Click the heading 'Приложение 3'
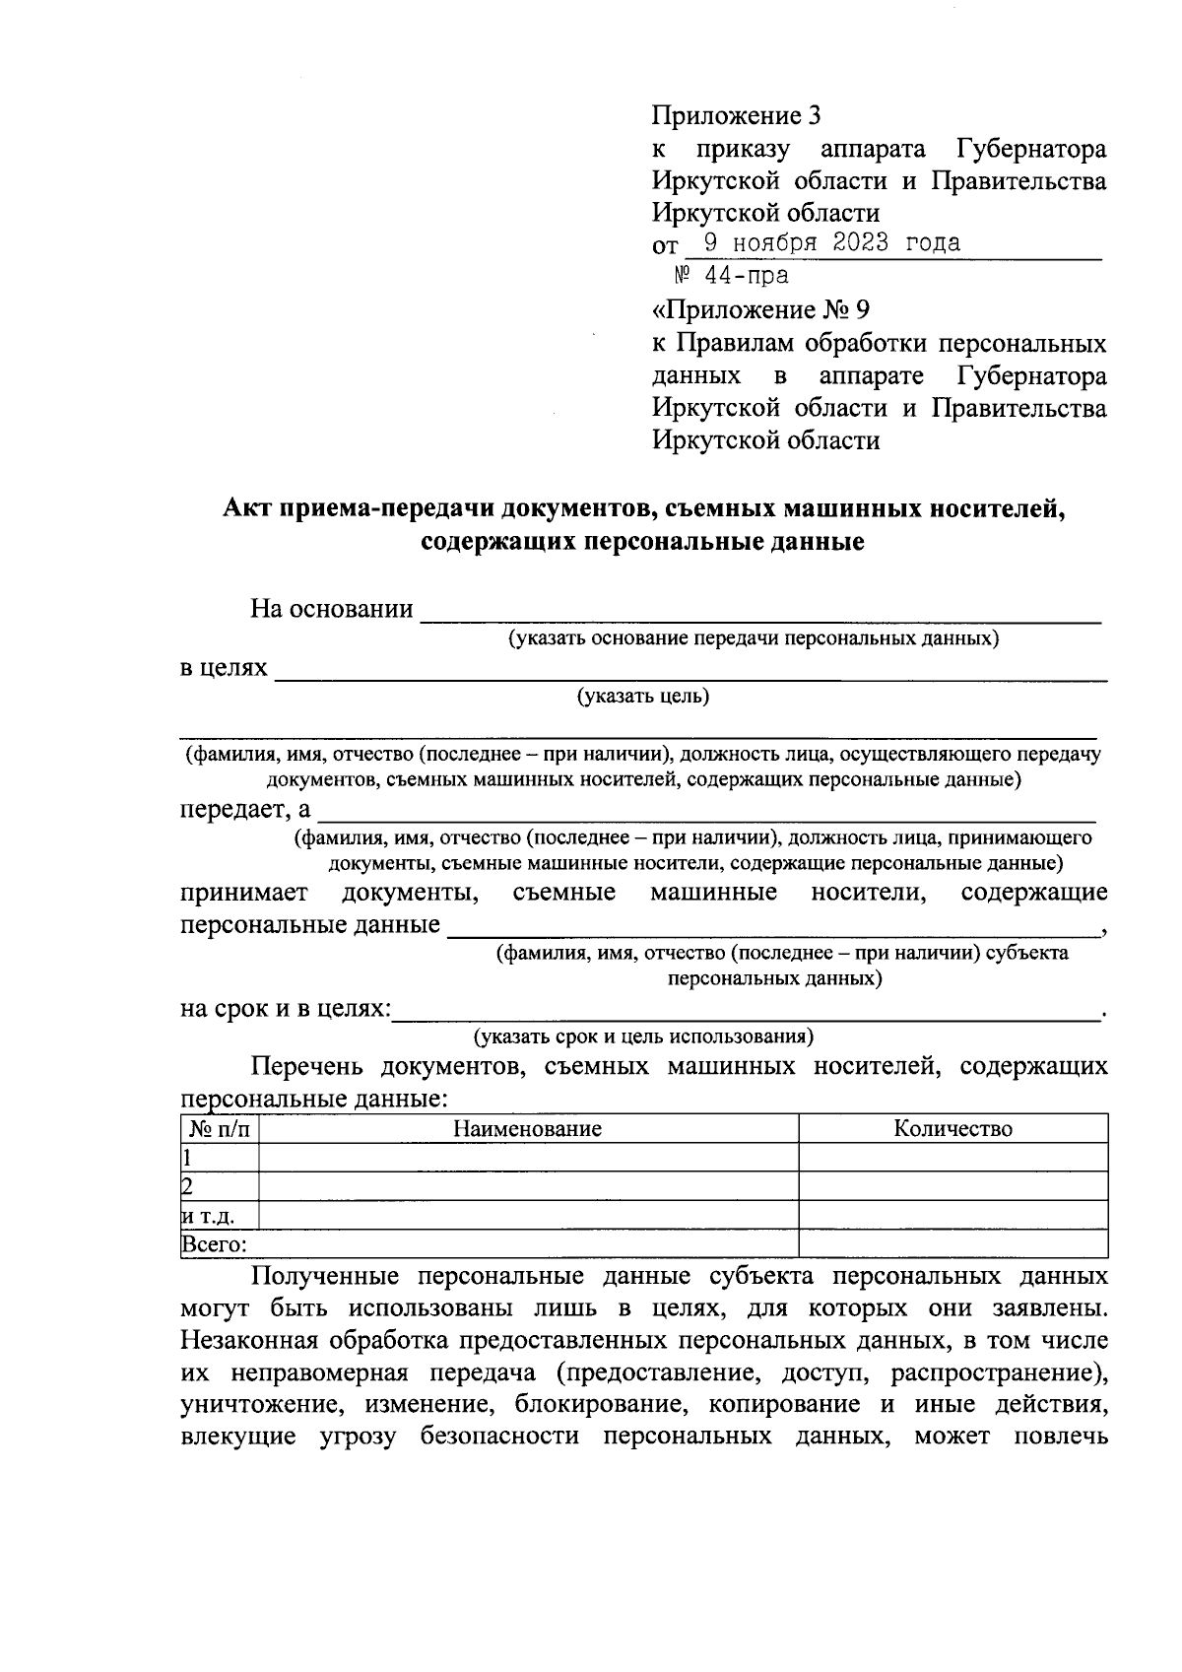coord(736,116)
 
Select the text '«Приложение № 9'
coord(761,311)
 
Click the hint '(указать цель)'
coord(643,698)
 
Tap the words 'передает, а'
coord(245,811)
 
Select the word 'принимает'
coord(243,893)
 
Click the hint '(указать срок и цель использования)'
coord(643,1037)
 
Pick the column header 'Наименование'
coord(527,1129)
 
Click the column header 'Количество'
coord(952,1129)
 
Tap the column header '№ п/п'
coord(220,1129)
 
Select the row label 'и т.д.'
coord(208,1216)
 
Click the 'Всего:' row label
coord(214,1244)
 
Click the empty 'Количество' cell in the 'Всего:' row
coord(952,1244)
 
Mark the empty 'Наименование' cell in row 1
coord(527,1158)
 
